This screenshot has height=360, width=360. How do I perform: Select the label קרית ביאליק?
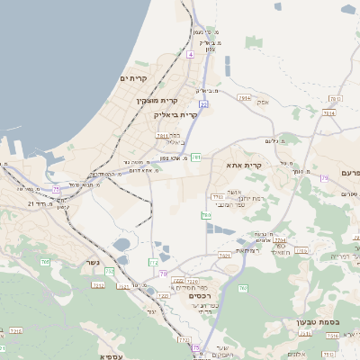175,115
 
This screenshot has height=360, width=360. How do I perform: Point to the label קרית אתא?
244,165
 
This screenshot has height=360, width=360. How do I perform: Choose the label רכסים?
199,295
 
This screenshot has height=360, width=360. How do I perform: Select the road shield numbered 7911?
162,136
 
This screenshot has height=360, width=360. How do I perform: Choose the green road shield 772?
153,262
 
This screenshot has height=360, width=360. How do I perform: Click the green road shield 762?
242,288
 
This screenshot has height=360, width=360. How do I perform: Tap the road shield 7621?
224,256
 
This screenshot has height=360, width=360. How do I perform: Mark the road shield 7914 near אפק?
245,97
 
